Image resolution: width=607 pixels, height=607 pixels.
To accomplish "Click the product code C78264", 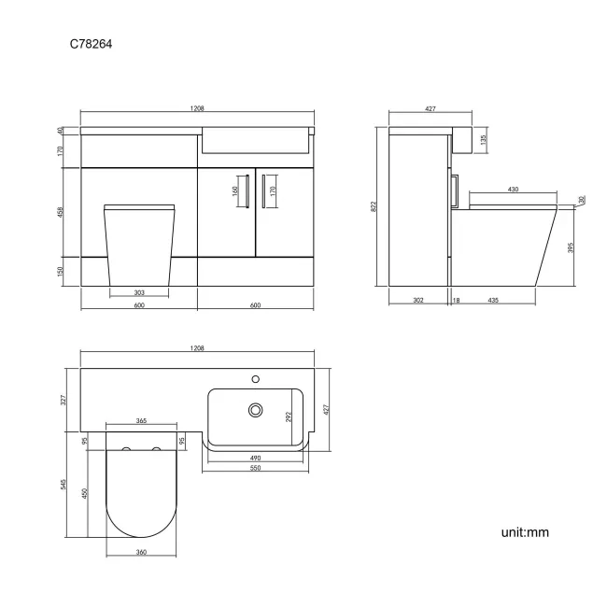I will pyautogui.click(x=92, y=43).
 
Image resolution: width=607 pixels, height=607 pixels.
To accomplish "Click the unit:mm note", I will pyautogui.click(x=525, y=532).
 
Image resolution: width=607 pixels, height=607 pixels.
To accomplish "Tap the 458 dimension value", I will pyautogui.click(x=62, y=210).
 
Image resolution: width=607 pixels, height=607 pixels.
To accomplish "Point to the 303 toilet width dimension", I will pyautogui.click(x=138, y=292).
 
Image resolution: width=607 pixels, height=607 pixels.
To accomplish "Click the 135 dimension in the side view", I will pyautogui.click(x=483, y=139).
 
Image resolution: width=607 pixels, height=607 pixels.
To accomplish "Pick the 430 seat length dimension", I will pyautogui.click(x=513, y=191).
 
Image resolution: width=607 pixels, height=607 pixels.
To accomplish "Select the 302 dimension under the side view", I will pyautogui.click(x=418, y=301).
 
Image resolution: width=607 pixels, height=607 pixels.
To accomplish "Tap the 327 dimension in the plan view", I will pyautogui.click(x=64, y=400).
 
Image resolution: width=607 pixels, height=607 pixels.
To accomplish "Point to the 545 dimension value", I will pyautogui.click(x=63, y=483).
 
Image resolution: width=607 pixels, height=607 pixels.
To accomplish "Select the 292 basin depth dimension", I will pyautogui.click(x=289, y=416).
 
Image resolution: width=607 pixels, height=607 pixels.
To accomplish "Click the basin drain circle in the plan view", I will pyautogui.click(x=254, y=409).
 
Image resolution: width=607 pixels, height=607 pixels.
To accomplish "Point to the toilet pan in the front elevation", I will pyautogui.click(x=141, y=243).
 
